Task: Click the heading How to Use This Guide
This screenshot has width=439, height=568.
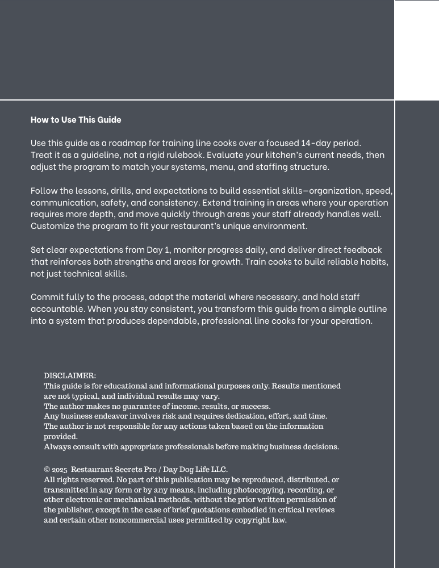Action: [x=76, y=119]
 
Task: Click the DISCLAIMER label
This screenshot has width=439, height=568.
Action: [x=70, y=375]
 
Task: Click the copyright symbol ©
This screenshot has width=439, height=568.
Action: [x=47, y=470]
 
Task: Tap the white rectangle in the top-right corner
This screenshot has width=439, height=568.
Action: [x=417, y=50]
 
